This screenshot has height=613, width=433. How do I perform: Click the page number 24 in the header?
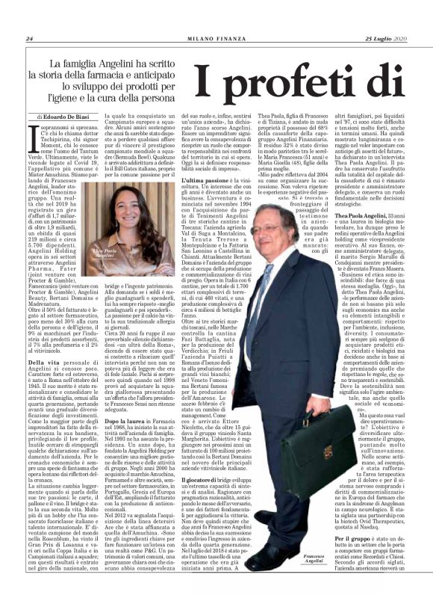point(29,39)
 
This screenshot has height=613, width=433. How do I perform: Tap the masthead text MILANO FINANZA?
point(216,39)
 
